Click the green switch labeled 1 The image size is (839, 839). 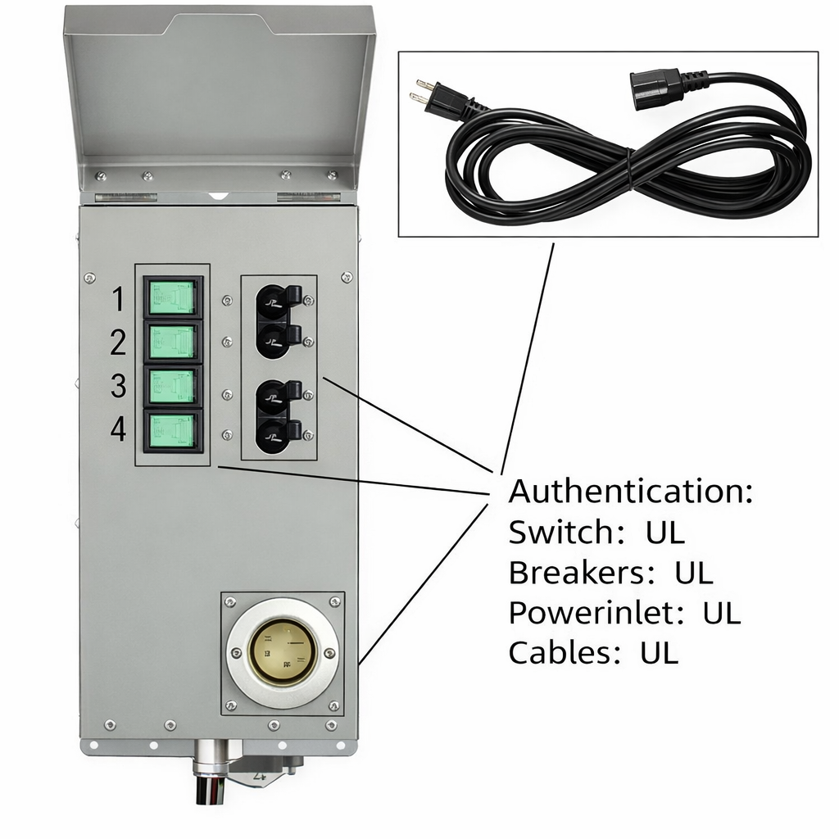click(173, 297)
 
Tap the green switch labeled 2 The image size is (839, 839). click(173, 342)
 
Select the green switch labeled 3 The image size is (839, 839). click(173, 386)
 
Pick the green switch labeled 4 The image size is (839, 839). click(173, 430)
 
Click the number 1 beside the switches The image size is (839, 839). click(118, 301)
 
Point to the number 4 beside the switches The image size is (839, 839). click(118, 429)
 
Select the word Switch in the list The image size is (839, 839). click(560, 533)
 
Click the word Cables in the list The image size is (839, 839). click(566, 653)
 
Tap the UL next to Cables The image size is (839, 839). click(660, 653)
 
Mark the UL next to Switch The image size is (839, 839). click(664, 533)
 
